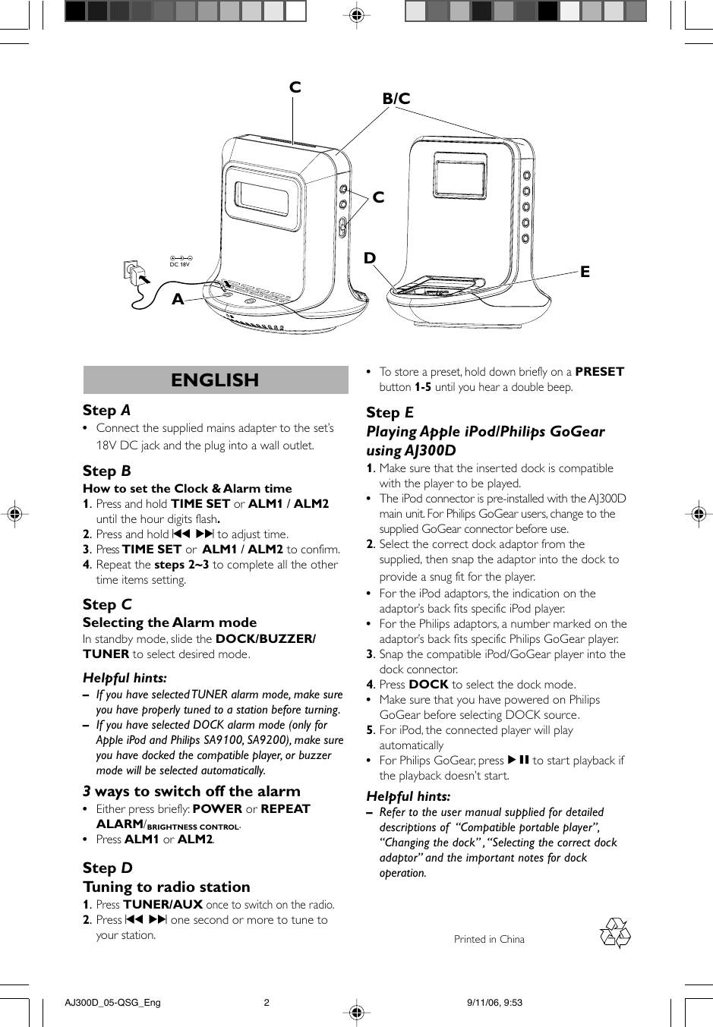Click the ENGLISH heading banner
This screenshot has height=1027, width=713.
coord(215,380)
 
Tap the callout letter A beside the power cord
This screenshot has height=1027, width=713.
coord(178,299)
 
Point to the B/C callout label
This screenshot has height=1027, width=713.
coord(396,99)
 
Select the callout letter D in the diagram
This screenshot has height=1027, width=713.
coord(370,258)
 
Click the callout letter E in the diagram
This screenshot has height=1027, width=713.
coord(585,272)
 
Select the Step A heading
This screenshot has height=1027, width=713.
coord(106,411)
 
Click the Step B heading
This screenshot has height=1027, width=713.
coord(106,471)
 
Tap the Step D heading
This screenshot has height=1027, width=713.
coord(107,868)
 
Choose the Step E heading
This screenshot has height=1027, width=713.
coord(390,413)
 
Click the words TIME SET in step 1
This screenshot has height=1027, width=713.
coord(200,504)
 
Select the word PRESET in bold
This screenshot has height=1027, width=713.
coord(599,372)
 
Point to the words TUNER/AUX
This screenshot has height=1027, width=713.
coord(162,905)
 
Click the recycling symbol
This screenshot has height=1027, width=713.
coord(615,934)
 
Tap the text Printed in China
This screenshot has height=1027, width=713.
coord(489,940)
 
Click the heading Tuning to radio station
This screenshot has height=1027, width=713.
coord(166,887)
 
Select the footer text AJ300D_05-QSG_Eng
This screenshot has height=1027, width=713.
coord(113,1003)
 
